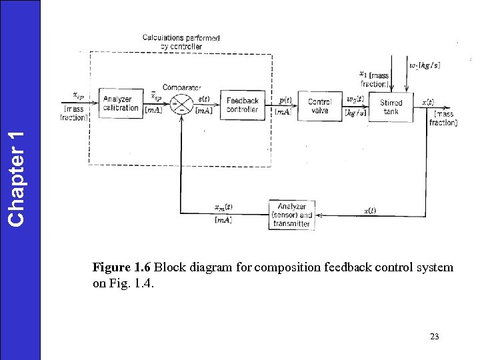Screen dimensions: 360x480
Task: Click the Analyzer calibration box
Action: click(x=121, y=104)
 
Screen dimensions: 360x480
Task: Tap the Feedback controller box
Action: click(x=242, y=105)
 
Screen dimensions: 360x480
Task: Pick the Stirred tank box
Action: click(x=391, y=107)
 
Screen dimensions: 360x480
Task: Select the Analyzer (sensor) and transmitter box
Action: click(x=291, y=215)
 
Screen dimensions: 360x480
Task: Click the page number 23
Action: click(x=435, y=337)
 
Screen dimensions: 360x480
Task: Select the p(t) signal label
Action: click(x=285, y=100)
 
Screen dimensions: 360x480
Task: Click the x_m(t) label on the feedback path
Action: click(x=223, y=207)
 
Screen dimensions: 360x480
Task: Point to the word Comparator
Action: click(x=181, y=87)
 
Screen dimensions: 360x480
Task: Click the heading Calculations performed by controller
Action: click(x=181, y=42)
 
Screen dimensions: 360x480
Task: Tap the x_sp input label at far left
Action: click(x=78, y=96)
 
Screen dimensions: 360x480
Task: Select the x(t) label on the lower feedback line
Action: click(x=369, y=211)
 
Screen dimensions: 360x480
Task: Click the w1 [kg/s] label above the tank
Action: click(x=425, y=65)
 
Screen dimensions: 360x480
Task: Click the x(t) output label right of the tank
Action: click(x=428, y=102)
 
